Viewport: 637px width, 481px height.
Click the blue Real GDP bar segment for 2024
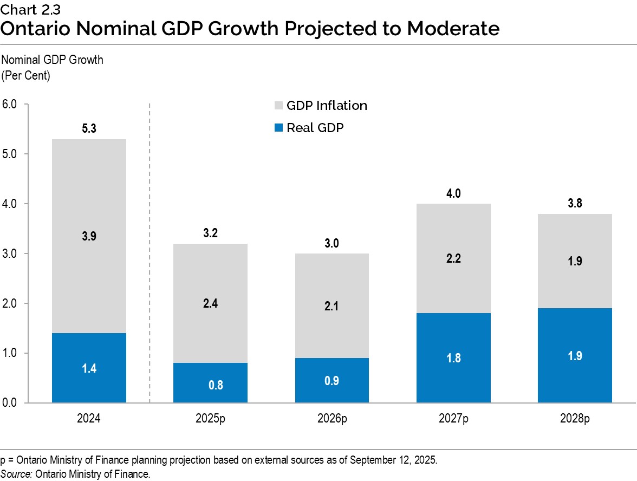click(89, 368)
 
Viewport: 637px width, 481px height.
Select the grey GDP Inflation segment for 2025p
click(211, 303)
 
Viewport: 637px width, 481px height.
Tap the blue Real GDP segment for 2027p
click(453, 357)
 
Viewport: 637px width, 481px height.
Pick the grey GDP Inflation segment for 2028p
click(575, 261)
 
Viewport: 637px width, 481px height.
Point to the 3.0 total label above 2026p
click(332, 243)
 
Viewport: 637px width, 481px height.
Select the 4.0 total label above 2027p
click(453, 193)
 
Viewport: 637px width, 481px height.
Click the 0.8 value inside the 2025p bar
click(211, 385)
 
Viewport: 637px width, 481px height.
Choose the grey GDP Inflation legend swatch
click(279, 106)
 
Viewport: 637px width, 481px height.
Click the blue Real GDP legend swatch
click(279, 128)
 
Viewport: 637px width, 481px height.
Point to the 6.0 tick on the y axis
click(9, 104)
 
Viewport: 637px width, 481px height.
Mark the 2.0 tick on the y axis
click(9, 303)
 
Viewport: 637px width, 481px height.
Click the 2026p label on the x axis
click(332, 419)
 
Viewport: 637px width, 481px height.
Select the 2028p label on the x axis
click(575, 419)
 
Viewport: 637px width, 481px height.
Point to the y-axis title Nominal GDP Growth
click(53, 60)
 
